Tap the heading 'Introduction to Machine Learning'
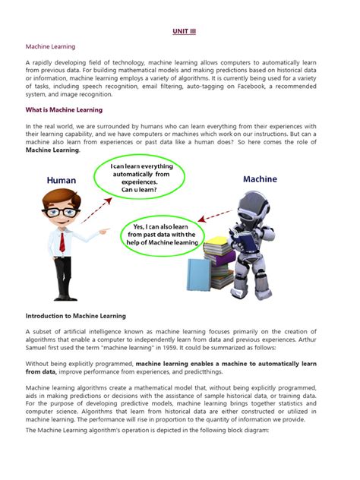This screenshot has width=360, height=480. pos(76,315)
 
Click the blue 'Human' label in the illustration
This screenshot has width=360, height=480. pos(62,181)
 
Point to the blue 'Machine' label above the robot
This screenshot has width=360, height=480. pos(260,180)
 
